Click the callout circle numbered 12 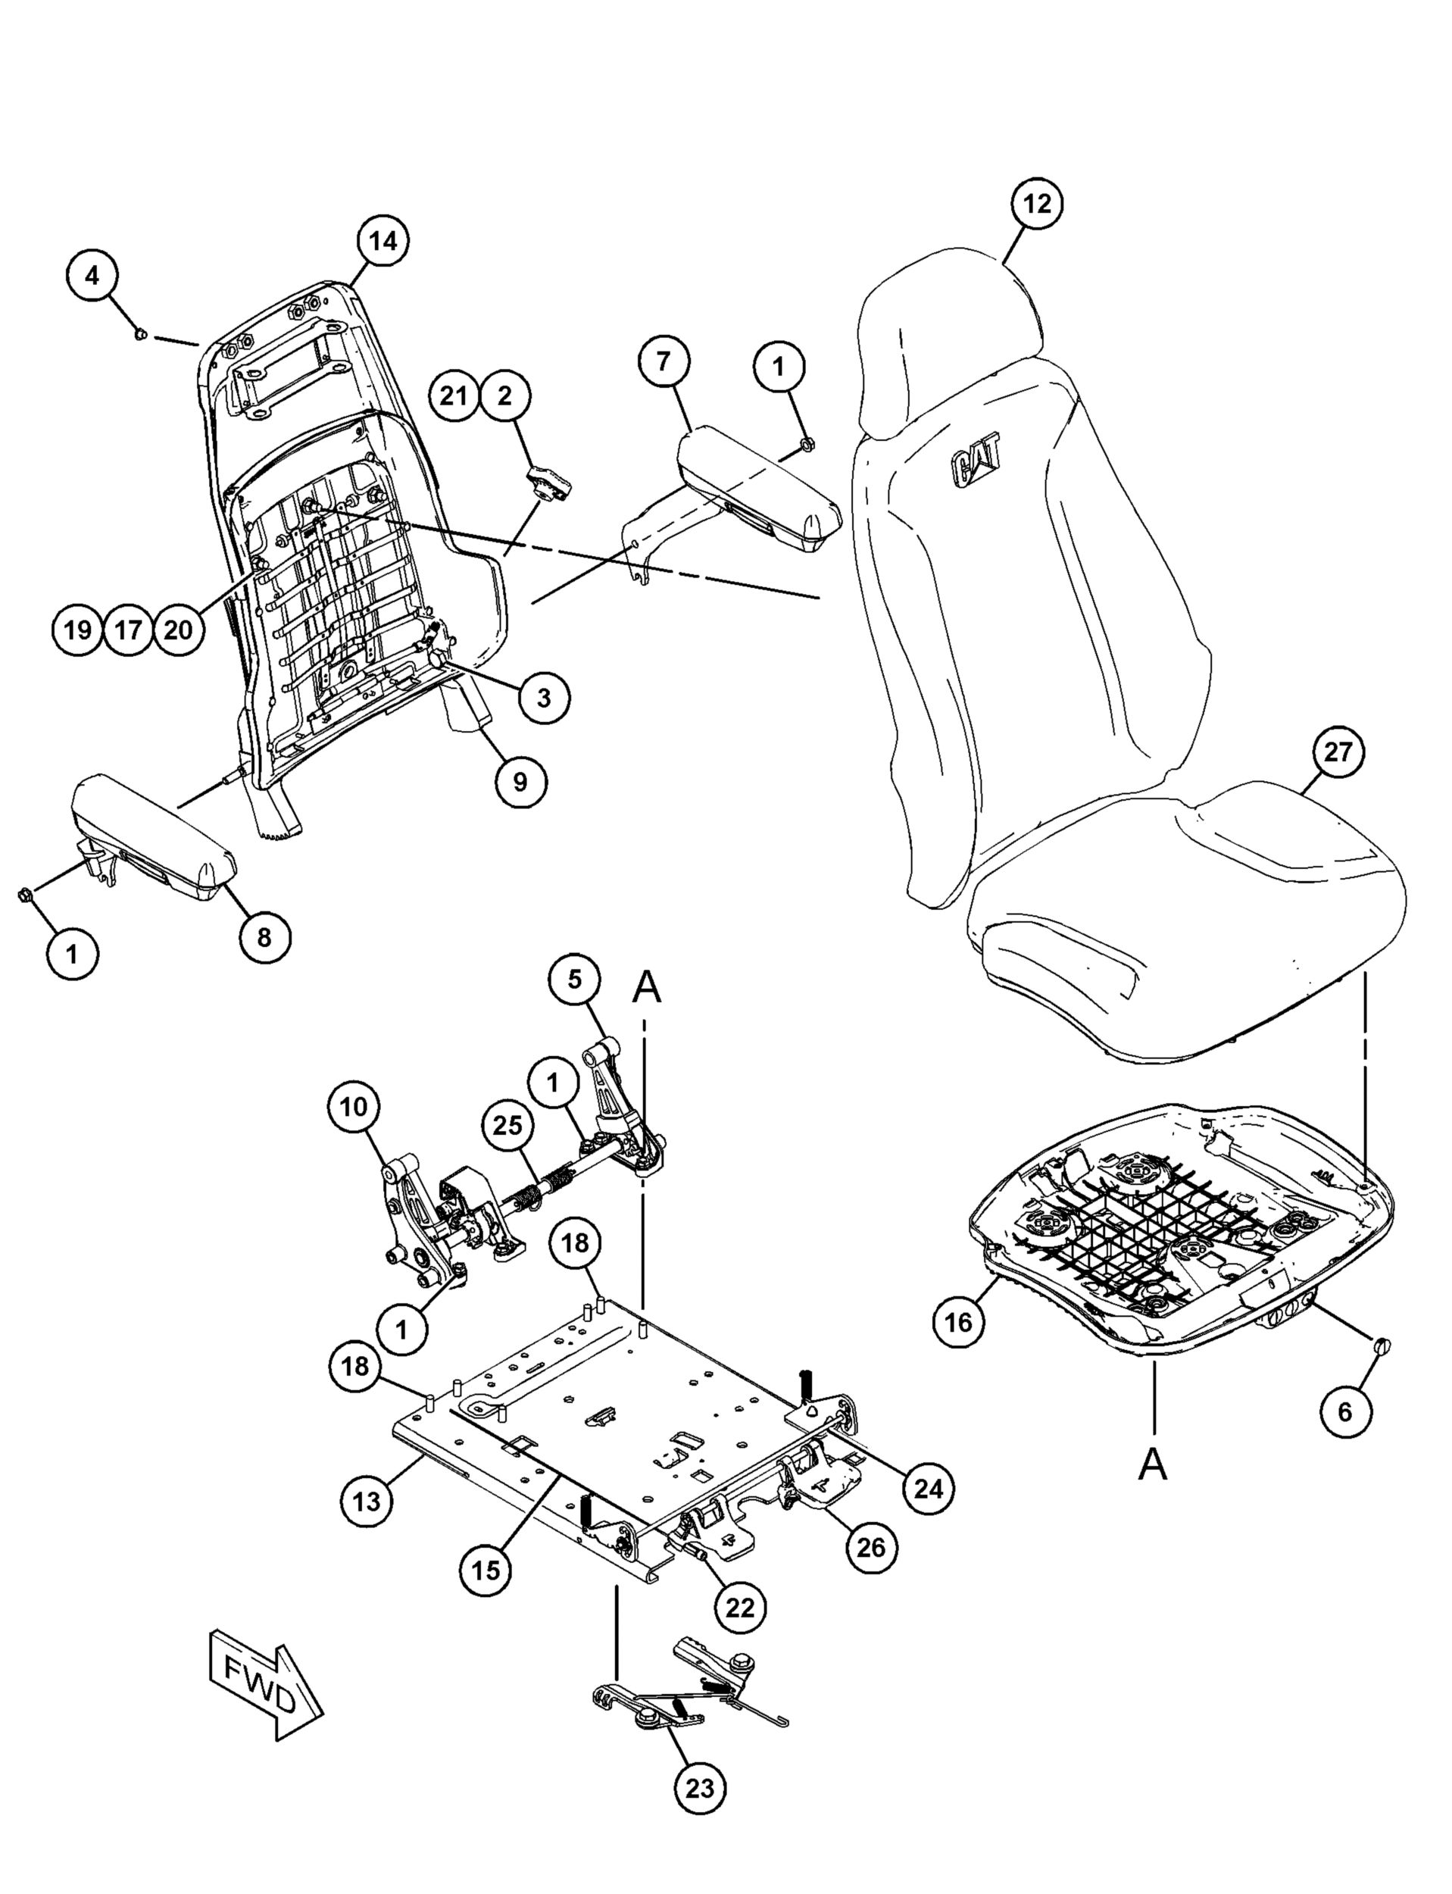(x=1037, y=204)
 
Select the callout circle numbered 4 (x=92, y=276)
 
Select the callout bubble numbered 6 (x=1345, y=1436)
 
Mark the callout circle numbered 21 (x=454, y=396)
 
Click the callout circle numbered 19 (x=78, y=630)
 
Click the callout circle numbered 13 (x=367, y=1502)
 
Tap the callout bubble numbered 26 (x=871, y=1546)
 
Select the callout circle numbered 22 (x=741, y=1608)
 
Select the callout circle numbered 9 (x=520, y=781)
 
